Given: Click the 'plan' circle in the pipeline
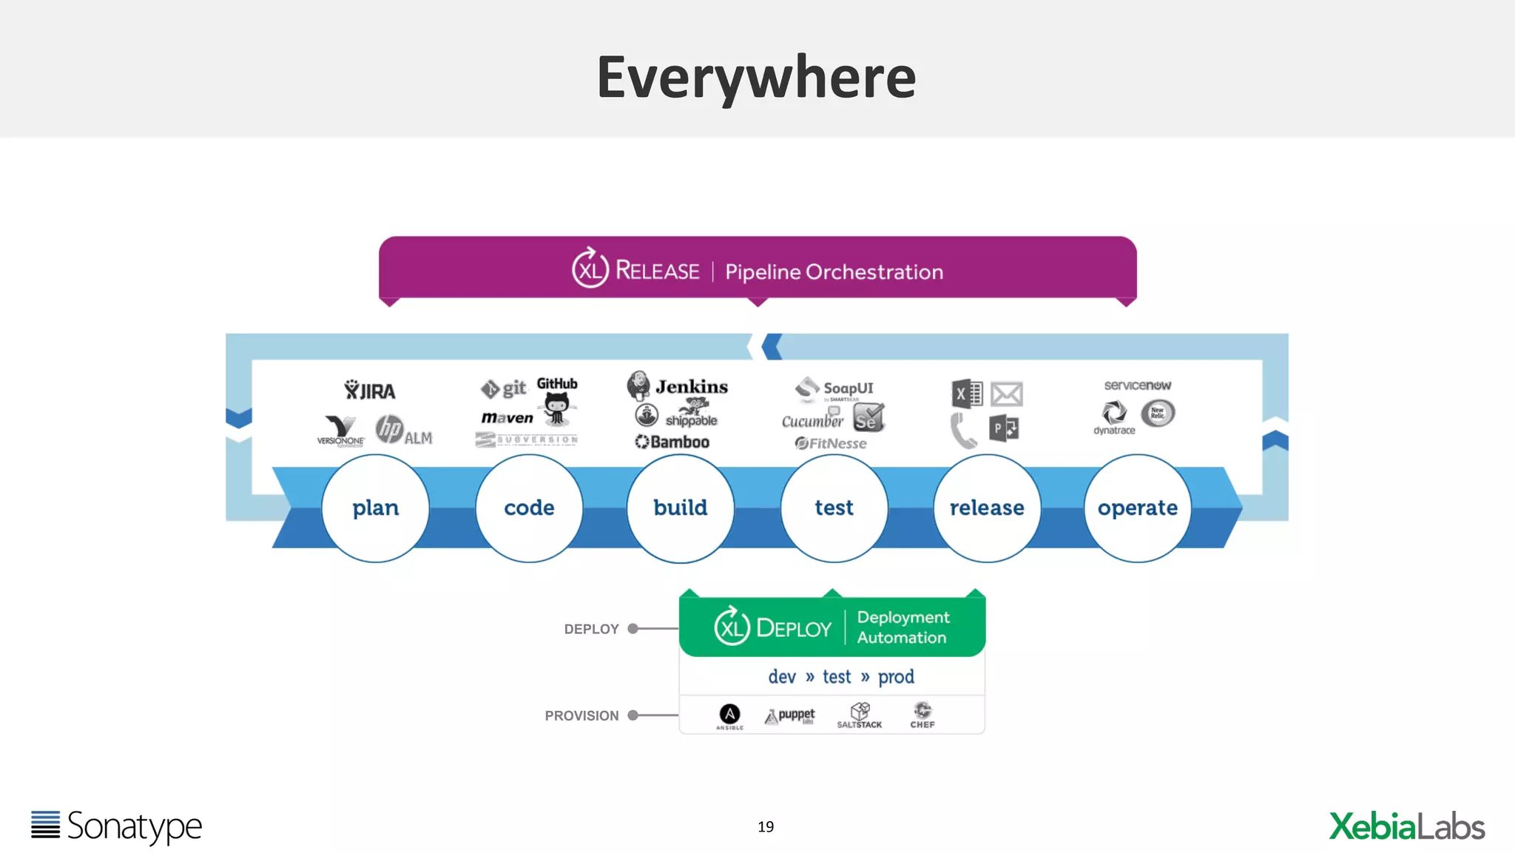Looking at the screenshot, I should [x=375, y=508].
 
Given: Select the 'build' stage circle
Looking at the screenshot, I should [x=680, y=508].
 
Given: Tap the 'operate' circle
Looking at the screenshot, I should [x=1137, y=508].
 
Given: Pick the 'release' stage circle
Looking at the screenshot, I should [x=987, y=508].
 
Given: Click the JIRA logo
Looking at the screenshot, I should [x=370, y=390].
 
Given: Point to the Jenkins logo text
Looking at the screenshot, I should [x=691, y=387].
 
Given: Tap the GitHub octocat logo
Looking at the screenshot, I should [x=557, y=407].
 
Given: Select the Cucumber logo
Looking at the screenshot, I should [x=812, y=421].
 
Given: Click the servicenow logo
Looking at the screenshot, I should [x=1137, y=385].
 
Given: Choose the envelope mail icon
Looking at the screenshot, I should [x=1006, y=394].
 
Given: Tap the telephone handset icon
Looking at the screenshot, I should [x=963, y=431].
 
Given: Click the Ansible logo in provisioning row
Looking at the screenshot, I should [x=729, y=715].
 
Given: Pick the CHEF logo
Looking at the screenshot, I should [x=922, y=715].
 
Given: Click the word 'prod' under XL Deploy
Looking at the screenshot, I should [x=896, y=677].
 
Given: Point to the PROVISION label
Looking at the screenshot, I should [x=581, y=715].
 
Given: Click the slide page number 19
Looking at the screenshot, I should [x=766, y=826].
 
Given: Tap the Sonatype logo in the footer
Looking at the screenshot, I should [x=116, y=826].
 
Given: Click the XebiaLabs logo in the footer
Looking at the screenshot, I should [x=1406, y=826].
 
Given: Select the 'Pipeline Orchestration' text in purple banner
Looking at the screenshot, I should [x=834, y=272].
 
